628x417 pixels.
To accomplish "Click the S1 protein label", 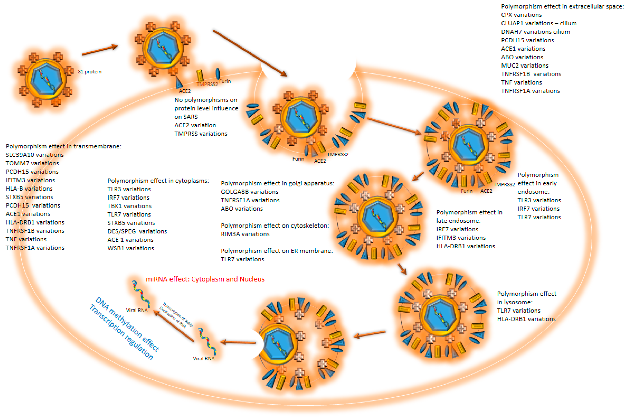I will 90,72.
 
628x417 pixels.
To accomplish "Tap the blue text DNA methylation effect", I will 127,324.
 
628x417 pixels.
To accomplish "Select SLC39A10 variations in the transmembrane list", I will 35,155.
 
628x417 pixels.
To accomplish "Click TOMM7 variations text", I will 32,163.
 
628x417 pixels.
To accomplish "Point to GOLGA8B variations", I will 249,192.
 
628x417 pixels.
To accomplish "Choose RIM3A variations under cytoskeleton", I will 245,234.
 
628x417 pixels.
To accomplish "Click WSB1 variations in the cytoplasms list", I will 131,248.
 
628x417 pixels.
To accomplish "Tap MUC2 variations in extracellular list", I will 524,66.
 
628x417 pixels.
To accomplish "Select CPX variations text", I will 521,15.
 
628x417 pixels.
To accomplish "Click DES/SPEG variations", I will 137,231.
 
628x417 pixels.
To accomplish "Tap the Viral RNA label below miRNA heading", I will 137,310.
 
